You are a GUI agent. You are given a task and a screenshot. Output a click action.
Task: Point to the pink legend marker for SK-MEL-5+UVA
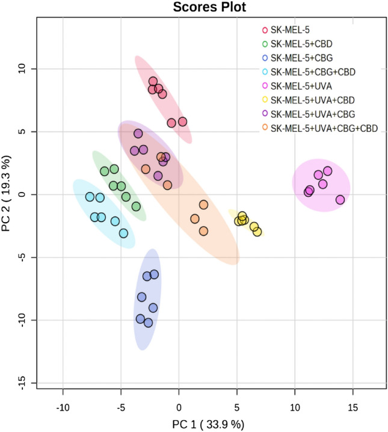click(x=265, y=86)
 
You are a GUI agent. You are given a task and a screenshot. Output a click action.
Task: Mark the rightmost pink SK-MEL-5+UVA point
click(x=340, y=200)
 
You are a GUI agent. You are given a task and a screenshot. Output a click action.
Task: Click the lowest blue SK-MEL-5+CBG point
click(x=148, y=323)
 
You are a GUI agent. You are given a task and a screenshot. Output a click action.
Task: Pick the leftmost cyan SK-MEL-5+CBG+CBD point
click(x=90, y=197)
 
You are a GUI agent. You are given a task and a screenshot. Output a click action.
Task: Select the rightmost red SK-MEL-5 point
click(x=182, y=122)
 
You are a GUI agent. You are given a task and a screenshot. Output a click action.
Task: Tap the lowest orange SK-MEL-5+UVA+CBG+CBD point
click(x=203, y=231)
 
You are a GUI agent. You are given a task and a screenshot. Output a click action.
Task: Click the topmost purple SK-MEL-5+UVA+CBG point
click(x=138, y=134)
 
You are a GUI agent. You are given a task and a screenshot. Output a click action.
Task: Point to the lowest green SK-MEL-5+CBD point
click(x=136, y=206)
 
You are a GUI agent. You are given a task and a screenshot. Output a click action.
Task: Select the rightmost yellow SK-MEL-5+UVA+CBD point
click(x=257, y=232)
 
